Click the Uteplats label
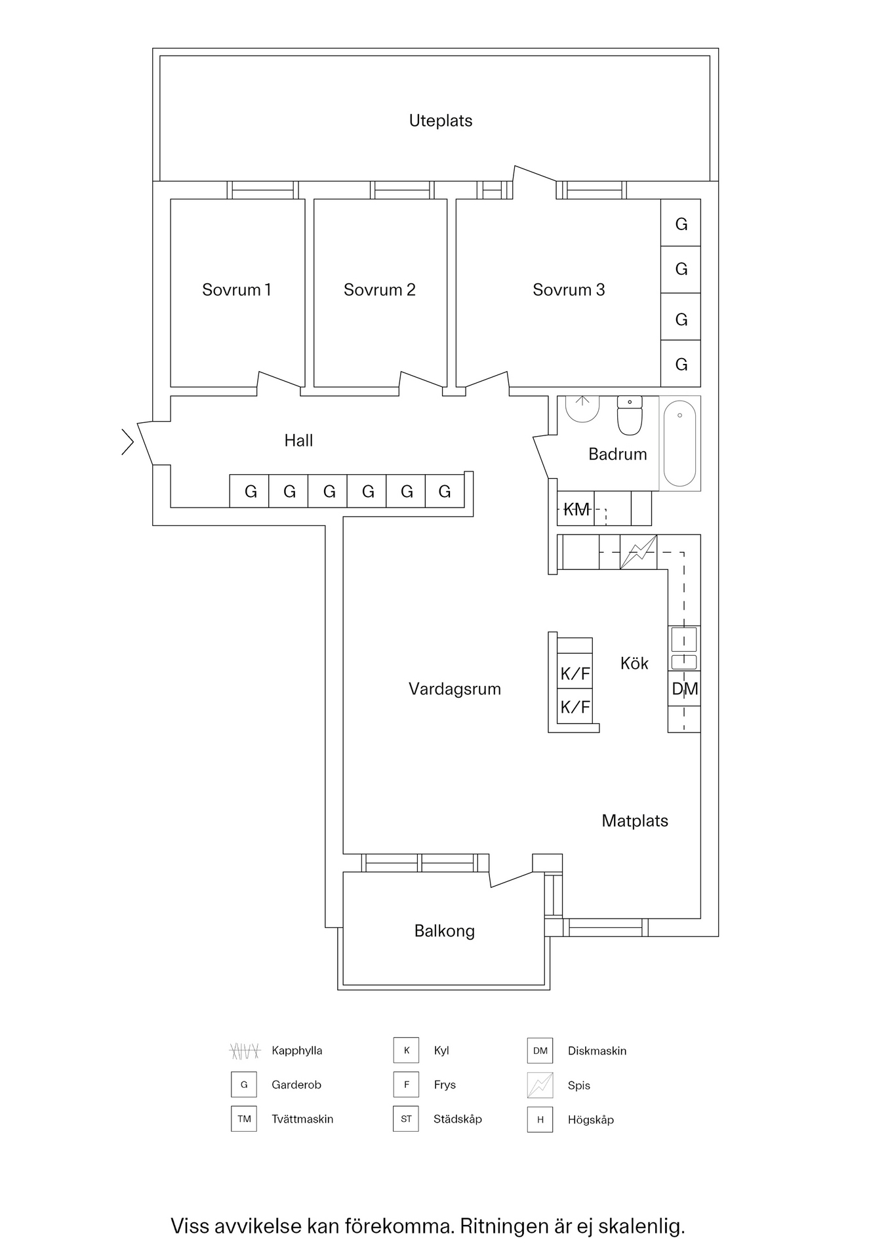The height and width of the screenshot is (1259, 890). (441, 121)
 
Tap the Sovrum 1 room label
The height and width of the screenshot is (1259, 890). (236, 290)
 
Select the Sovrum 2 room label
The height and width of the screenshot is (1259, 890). (379, 290)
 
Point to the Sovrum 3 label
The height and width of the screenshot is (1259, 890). (568, 290)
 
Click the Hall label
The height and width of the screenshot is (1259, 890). (298, 441)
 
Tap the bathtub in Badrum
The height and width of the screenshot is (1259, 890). (679, 443)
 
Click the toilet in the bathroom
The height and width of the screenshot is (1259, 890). (630, 415)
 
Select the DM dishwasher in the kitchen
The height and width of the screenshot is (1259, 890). (684, 689)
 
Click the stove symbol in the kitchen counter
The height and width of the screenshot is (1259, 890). (638, 552)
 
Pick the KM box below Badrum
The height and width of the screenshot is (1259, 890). (576, 510)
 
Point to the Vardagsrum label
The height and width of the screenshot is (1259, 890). (455, 689)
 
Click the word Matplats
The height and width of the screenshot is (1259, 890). (635, 821)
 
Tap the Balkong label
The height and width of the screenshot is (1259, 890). (444, 931)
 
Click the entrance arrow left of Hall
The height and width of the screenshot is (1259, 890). (127, 441)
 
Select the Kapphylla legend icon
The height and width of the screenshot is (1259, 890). (244, 1051)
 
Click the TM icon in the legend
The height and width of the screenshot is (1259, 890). (244, 1119)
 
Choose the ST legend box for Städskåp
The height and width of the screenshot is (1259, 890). (406, 1119)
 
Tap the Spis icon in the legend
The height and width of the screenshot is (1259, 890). (540, 1085)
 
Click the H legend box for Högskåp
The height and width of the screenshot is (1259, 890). (540, 1120)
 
